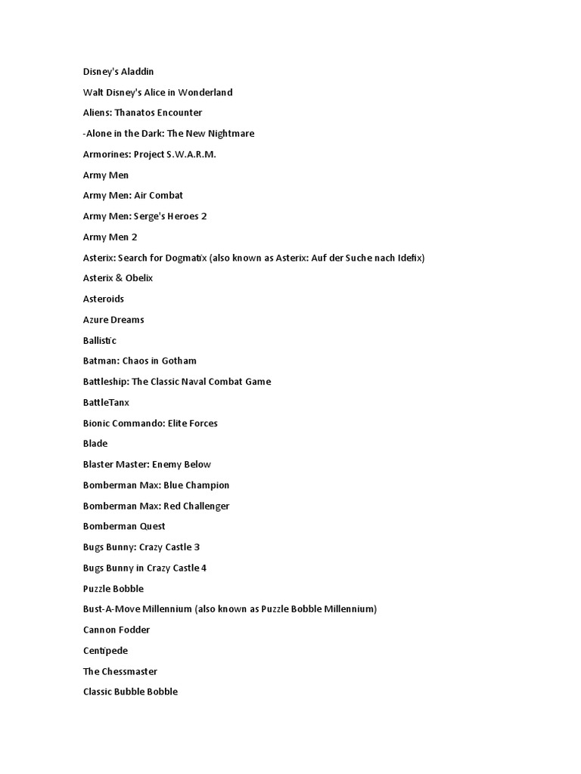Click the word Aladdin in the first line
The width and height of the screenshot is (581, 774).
click(x=136, y=72)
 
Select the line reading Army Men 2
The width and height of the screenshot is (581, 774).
click(x=110, y=237)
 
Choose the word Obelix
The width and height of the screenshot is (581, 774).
click(x=139, y=278)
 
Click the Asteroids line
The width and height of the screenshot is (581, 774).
click(x=104, y=299)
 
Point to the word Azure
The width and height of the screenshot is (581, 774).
click(x=96, y=320)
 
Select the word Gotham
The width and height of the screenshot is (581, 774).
click(x=180, y=361)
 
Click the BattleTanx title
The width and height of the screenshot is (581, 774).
click(x=106, y=402)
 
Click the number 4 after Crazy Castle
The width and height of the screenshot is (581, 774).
click(x=204, y=568)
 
